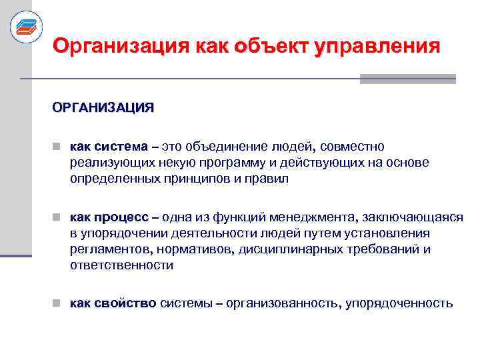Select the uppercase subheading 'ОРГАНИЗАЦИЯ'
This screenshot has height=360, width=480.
click(x=103, y=107)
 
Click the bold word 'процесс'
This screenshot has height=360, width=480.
click(x=122, y=217)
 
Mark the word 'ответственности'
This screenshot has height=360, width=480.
click(x=121, y=265)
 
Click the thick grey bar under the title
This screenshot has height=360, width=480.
click(x=407, y=79)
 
